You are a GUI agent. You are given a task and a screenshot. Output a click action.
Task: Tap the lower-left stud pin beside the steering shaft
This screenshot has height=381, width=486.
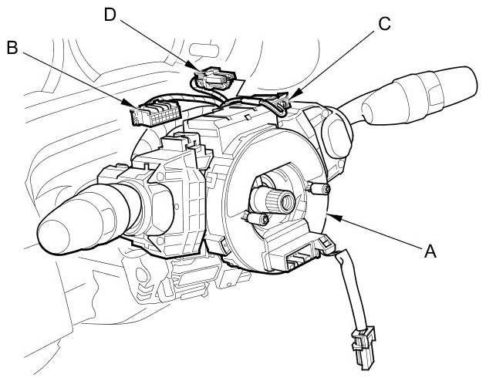[x=262, y=221]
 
